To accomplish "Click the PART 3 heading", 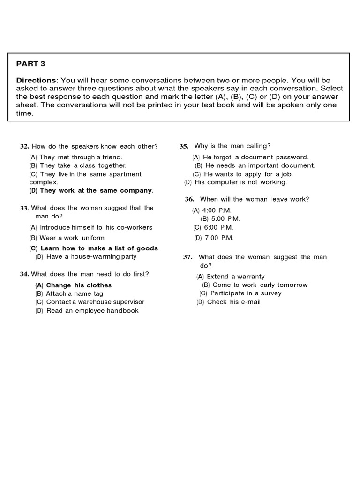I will click(31, 63).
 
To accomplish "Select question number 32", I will click(24, 146).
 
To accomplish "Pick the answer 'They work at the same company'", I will click(91, 190).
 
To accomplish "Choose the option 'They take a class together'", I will click(77, 165).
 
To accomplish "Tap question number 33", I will click(24, 208).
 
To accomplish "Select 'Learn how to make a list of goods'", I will click(93, 248).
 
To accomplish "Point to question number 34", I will click(24, 274).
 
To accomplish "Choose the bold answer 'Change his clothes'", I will click(73, 285).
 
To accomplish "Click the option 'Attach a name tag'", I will click(69, 293).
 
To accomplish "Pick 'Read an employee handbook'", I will click(87, 310).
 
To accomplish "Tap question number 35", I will click(184, 146).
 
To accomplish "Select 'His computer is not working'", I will click(235, 182).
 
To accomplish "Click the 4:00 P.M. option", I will click(212, 210).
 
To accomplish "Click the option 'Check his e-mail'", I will click(228, 302).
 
